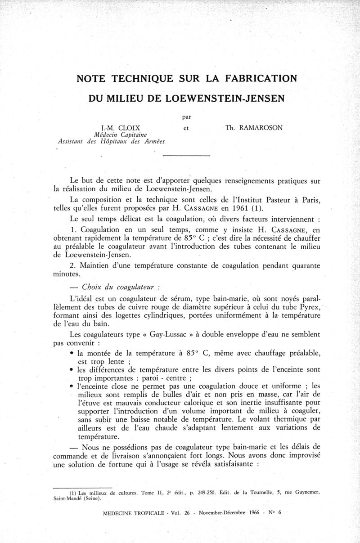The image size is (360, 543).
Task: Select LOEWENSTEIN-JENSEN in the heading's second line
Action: point(218,98)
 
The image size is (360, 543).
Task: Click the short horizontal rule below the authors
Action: point(186,156)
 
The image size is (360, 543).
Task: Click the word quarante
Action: point(305,265)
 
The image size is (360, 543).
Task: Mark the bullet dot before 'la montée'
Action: point(72,353)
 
